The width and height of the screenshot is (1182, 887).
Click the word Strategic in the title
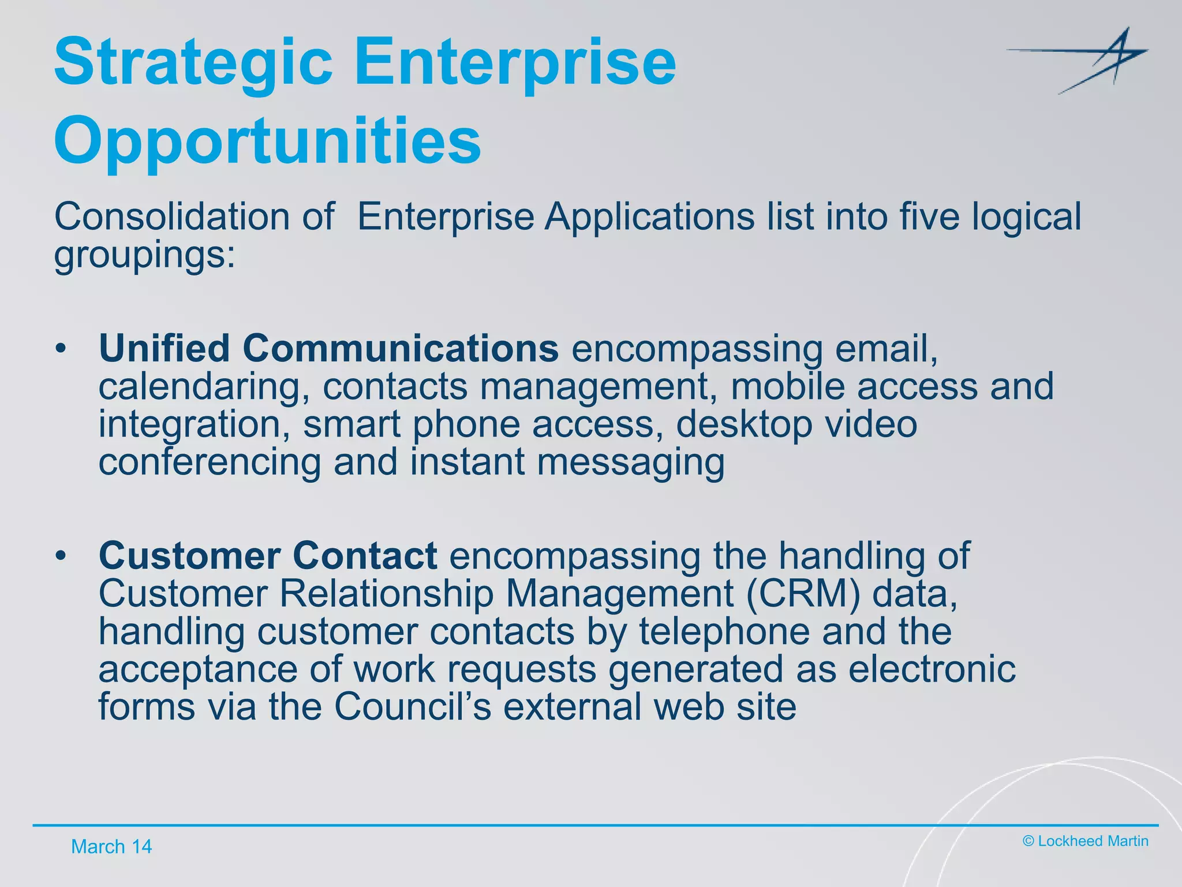pos(193,62)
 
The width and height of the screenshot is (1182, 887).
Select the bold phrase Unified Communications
pos(328,348)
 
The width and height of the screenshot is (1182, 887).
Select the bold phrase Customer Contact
pos(268,556)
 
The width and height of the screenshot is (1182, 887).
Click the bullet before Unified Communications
pos(61,349)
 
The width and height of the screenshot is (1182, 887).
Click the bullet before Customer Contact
pos(61,556)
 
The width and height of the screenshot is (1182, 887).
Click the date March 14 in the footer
pos(111,847)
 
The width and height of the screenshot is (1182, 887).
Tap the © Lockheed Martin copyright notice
pos(1085,841)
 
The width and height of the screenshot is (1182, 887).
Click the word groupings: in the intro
pos(145,255)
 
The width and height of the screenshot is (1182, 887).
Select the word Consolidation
pos(172,217)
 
